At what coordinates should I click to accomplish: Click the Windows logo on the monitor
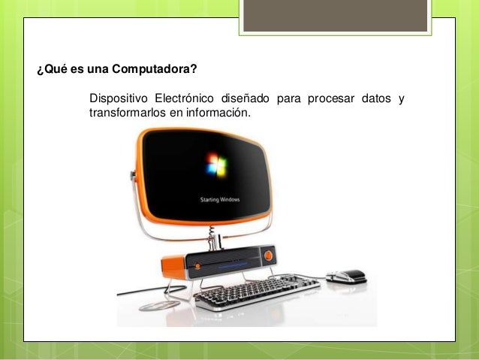click(217, 165)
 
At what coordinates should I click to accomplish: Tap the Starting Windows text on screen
click(218, 200)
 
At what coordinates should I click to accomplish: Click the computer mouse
click(346, 276)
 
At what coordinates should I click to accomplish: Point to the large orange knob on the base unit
click(268, 256)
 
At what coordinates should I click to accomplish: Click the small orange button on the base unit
click(197, 265)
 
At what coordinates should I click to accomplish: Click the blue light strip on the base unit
click(229, 262)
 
